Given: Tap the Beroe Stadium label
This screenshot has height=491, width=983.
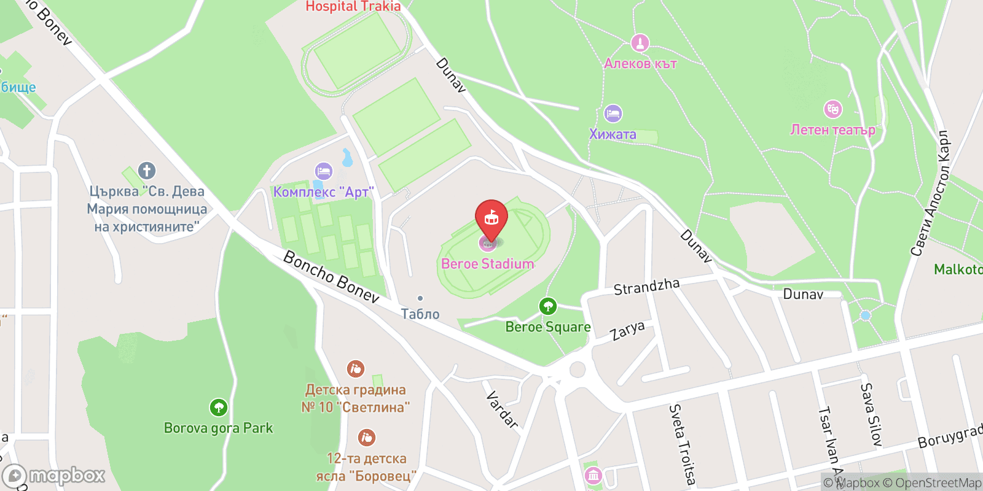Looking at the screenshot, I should (x=487, y=264).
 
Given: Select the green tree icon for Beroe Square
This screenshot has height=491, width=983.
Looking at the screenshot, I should (x=547, y=306).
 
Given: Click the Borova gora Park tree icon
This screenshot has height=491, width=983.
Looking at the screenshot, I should (x=218, y=407).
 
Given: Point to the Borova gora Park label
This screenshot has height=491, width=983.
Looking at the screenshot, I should (x=218, y=428).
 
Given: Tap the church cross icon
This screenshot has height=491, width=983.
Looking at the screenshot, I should (x=146, y=171).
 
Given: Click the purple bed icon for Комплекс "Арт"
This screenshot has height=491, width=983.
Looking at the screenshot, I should (x=323, y=171).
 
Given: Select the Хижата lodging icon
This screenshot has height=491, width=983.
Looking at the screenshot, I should (x=613, y=114).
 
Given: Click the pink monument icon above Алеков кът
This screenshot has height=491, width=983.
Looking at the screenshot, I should (x=640, y=43).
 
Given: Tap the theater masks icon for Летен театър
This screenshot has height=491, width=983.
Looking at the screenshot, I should (x=832, y=109).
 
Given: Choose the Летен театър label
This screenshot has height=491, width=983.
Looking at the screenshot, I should (x=832, y=130).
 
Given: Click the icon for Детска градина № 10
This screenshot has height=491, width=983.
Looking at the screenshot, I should (x=355, y=369).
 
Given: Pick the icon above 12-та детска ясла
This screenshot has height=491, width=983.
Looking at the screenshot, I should (x=366, y=438).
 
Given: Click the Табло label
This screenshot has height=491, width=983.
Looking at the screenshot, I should (x=420, y=314).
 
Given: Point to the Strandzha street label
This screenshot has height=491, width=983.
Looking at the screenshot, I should (x=646, y=286).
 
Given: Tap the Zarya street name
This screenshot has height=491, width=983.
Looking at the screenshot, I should (x=627, y=331).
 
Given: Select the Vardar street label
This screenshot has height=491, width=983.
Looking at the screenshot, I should (x=502, y=409).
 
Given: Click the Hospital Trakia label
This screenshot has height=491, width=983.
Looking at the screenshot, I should (x=353, y=7).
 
